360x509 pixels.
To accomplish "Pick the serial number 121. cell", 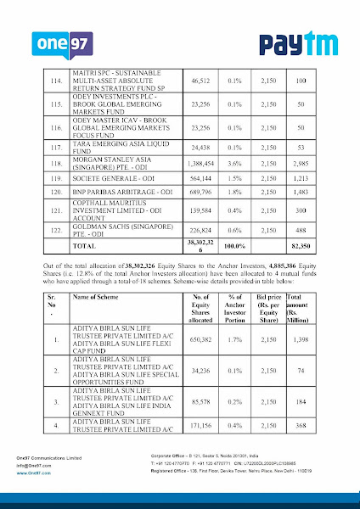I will coord(58,214).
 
